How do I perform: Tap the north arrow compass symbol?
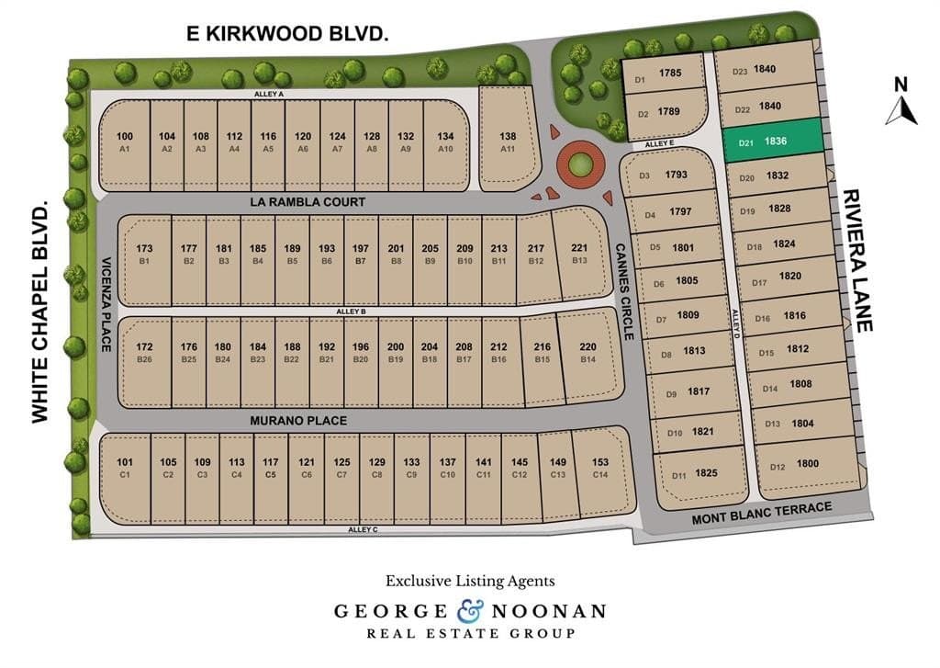pos(901,103)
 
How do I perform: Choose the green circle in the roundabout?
pos(579,165)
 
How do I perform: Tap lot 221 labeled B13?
pos(579,255)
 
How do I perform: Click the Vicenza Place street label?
pos(106,304)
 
